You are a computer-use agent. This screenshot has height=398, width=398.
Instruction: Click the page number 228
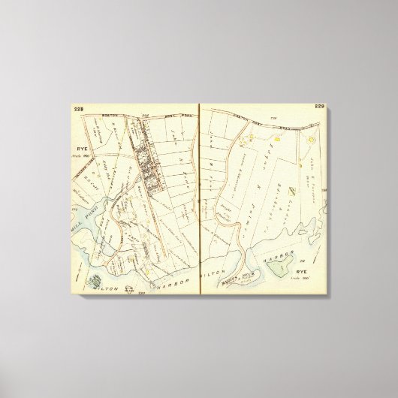pyautogui.click(x=78, y=111)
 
